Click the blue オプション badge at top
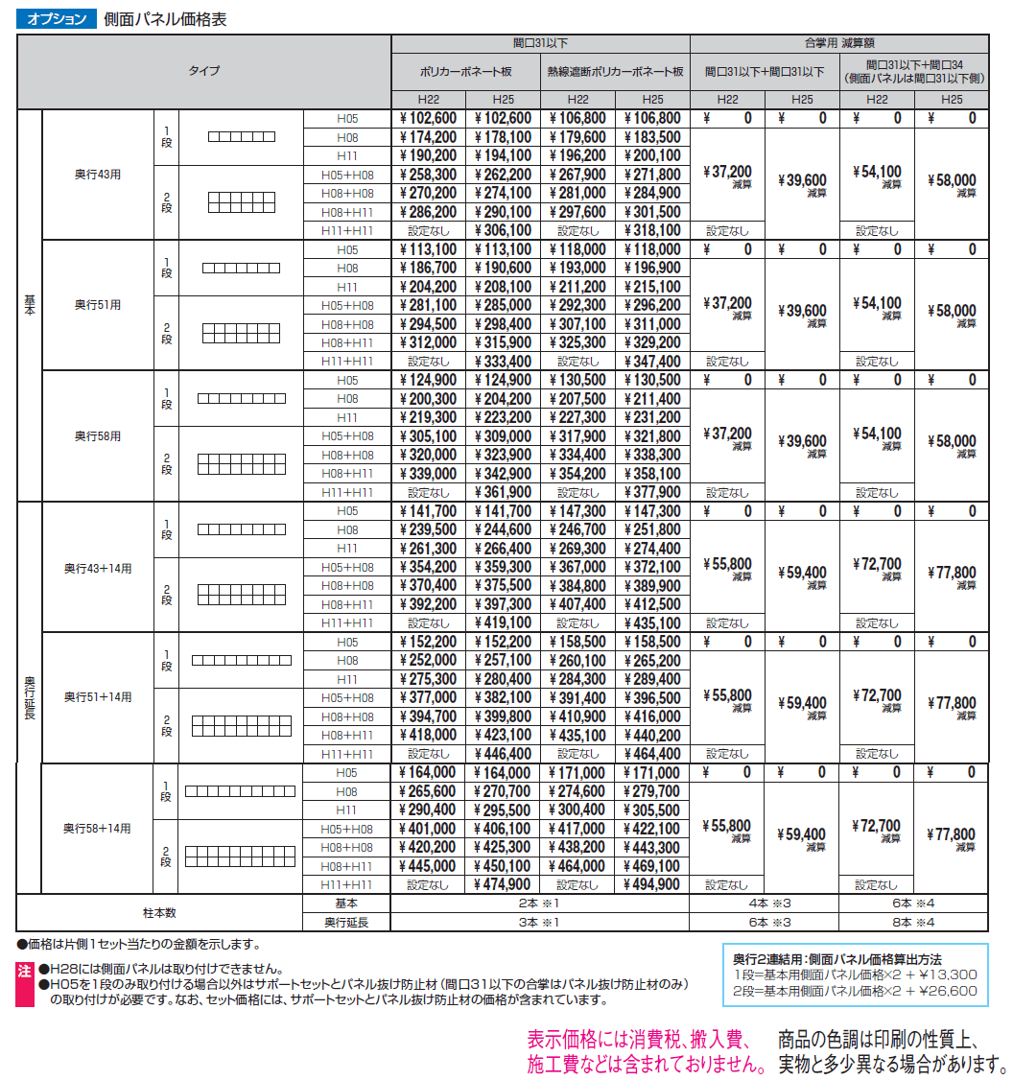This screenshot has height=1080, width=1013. point(57,19)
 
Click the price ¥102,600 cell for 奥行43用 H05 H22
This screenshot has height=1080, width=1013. point(428,119)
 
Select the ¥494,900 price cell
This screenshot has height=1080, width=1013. point(652,885)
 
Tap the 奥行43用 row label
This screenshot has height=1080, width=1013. point(99,175)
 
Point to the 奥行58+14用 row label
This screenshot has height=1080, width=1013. point(97,829)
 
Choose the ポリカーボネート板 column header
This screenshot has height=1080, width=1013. point(465,71)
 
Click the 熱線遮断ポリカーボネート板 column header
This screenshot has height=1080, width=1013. point(615,71)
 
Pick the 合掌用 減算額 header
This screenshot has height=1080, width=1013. point(839,43)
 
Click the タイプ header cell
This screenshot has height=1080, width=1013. point(203,71)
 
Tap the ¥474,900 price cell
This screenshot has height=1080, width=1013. point(503,885)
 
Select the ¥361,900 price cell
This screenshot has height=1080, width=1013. point(503,492)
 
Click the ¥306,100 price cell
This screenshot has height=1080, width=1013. point(503,230)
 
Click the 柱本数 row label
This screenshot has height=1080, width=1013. point(159,913)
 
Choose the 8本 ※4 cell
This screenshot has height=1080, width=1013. point(914,923)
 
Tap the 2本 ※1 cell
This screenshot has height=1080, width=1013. point(540,904)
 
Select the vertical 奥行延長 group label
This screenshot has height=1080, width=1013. point(29,698)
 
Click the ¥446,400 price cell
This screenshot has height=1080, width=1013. point(503,754)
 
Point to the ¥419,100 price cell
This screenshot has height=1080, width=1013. point(503,623)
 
